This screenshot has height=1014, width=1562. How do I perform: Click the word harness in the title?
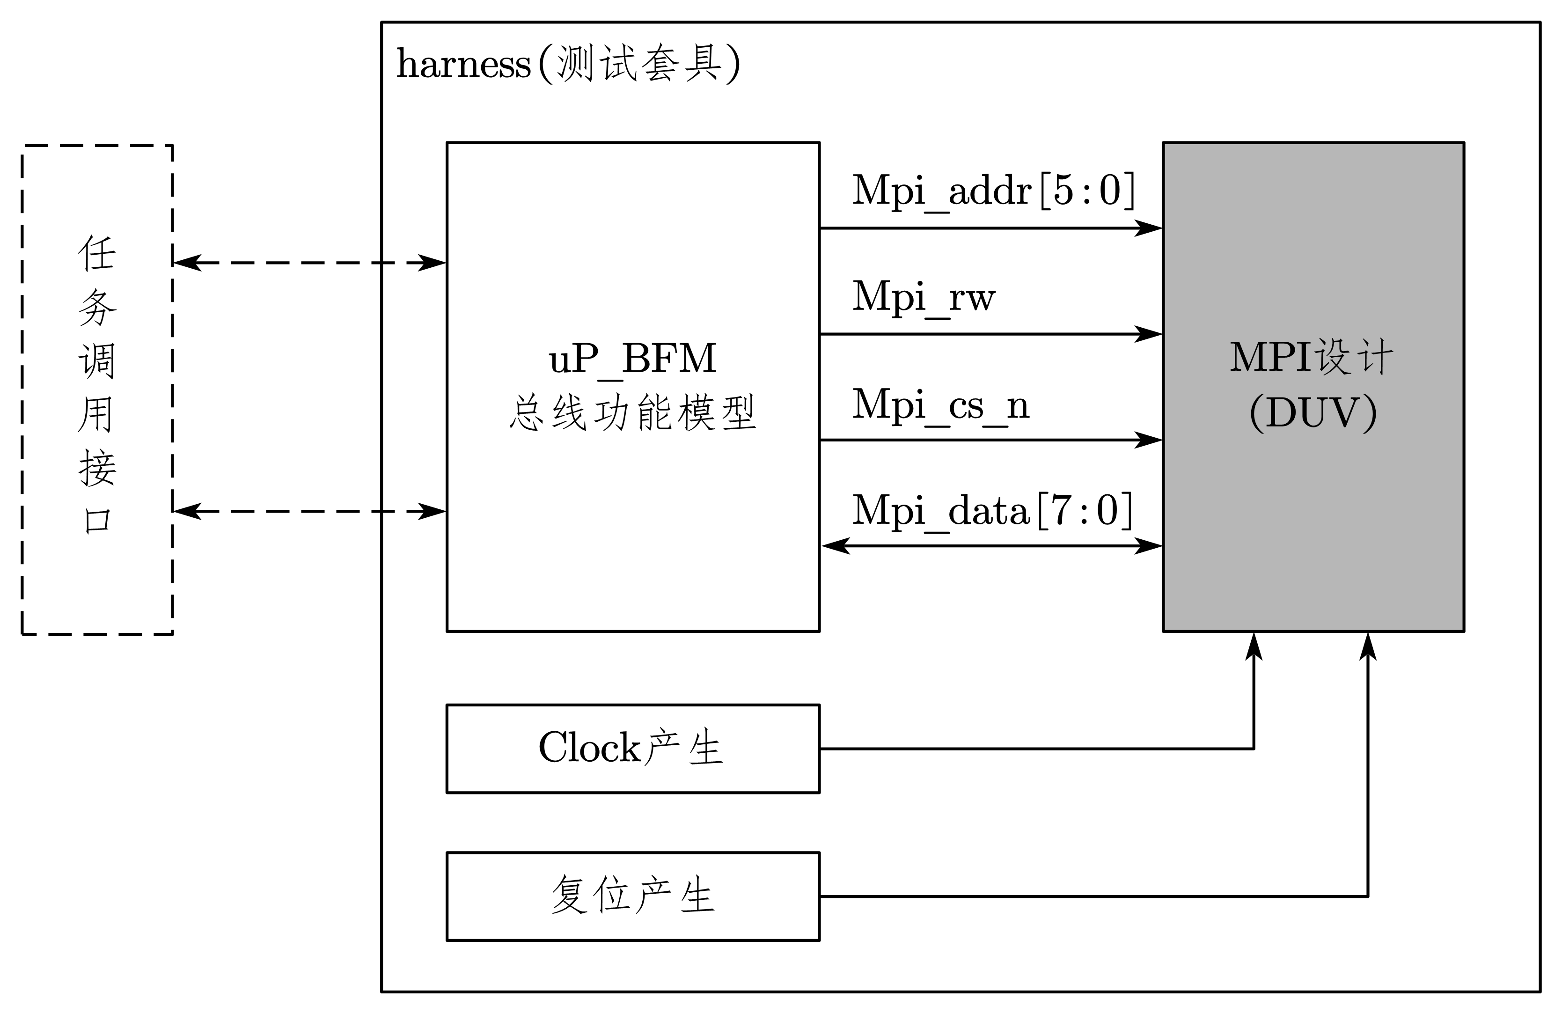[x=463, y=65]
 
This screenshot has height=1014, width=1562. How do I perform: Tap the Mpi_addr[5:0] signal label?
[x=993, y=191]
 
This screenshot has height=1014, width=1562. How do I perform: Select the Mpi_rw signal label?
[x=924, y=297]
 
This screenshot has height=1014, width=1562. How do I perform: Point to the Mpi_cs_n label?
[x=940, y=405]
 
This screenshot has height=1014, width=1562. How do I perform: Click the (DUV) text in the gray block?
[x=1313, y=413]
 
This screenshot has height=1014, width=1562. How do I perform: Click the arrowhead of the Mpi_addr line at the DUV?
[x=1150, y=228]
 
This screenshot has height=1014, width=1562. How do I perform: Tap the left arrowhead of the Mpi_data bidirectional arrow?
[x=835, y=545]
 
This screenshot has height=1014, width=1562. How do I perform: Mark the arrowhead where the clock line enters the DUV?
[x=1254, y=646]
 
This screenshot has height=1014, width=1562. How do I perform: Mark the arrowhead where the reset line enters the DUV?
[x=1368, y=646]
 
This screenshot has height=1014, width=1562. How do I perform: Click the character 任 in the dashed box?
[x=97, y=253]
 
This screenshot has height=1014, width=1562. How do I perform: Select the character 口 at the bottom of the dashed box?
[x=97, y=522]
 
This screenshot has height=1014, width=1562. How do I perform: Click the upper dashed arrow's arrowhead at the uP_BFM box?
[x=433, y=263]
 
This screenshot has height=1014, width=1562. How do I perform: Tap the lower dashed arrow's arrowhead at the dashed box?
[x=186, y=511]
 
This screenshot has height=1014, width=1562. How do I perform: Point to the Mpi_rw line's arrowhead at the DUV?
[x=1150, y=334]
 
